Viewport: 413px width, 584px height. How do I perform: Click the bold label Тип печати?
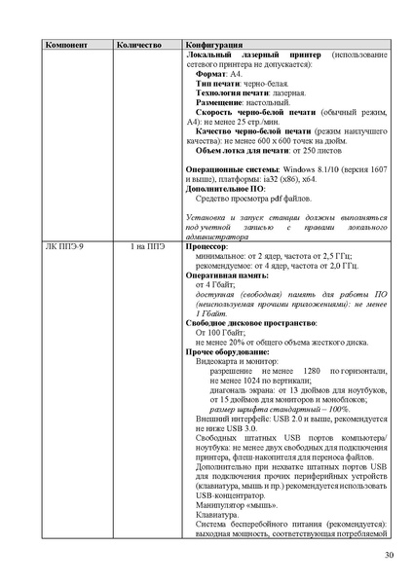point(216,83)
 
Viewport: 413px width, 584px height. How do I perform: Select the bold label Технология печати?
point(231,92)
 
